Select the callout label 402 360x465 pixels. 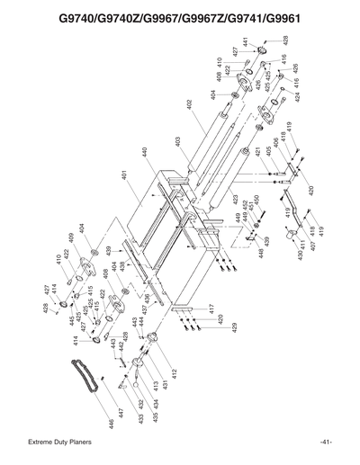click(x=190, y=104)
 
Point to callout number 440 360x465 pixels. click(x=145, y=154)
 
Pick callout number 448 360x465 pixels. click(x=260, y=255)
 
